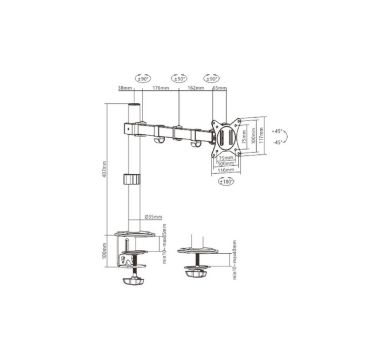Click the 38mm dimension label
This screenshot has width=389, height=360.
(x=124, y=89)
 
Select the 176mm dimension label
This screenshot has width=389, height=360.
(x=161, y=89)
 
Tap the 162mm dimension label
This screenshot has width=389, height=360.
(x=196, y=89)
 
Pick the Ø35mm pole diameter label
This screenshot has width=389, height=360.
(x=153, y=217)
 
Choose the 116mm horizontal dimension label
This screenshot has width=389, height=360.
(x=226, y=170)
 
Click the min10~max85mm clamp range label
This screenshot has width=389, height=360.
(x=164, y=245)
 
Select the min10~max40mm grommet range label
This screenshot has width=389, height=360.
(x=234, y=259)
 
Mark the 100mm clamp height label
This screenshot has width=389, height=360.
(x=105, y=250)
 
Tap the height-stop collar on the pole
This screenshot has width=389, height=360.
(x=133, y=178)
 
